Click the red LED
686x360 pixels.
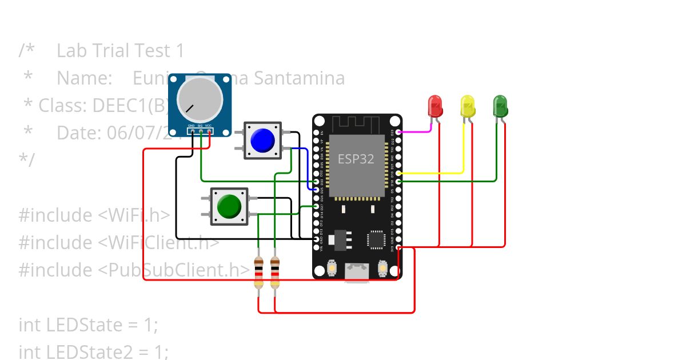click(435, 106)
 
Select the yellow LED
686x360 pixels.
click(468, 106)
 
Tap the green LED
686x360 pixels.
click(500, 106)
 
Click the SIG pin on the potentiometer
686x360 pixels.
click(201, 131)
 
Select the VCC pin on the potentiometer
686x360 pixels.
click(209, 131)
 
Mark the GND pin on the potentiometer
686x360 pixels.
click(192, 131)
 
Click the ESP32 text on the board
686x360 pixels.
click(356, 159)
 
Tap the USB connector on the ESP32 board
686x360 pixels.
click(357, 273)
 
